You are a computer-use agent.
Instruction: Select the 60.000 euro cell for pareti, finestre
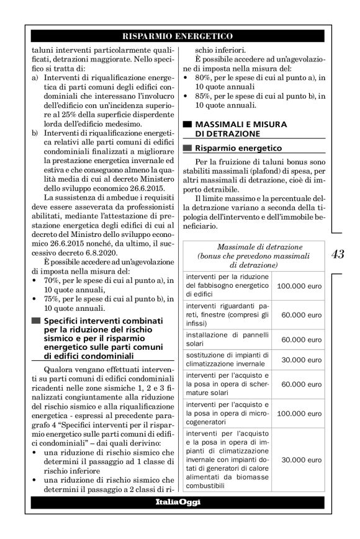click(299, 315)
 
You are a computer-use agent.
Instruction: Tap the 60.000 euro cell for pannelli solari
click(299, 339)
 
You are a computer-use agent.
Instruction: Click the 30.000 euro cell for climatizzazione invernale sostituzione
click(299, 360)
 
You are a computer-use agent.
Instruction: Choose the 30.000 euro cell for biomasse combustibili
click(299, 461)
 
